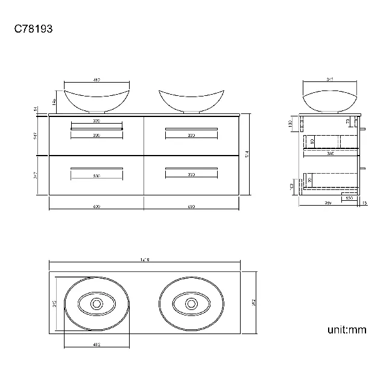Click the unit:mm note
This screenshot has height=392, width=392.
(347, 329)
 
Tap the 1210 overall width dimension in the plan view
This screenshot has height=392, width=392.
(144, 259)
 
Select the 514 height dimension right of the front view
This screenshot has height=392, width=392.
(248, 154)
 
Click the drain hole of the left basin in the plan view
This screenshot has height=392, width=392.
(96, 305)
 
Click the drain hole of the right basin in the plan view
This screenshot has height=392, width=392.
(191, 305)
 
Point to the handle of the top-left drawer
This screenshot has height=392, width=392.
(96, 128)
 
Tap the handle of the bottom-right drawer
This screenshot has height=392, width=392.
(191, 167)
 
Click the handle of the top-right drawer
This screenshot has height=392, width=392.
(191, 128)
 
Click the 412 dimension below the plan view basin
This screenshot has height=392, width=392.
(96, 345)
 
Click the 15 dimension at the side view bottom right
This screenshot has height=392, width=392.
(365, 203)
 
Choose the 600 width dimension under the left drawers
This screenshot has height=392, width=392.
(96, 207)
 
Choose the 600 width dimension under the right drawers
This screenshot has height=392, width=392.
(191, 207)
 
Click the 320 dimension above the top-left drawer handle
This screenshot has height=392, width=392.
(96, 121)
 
